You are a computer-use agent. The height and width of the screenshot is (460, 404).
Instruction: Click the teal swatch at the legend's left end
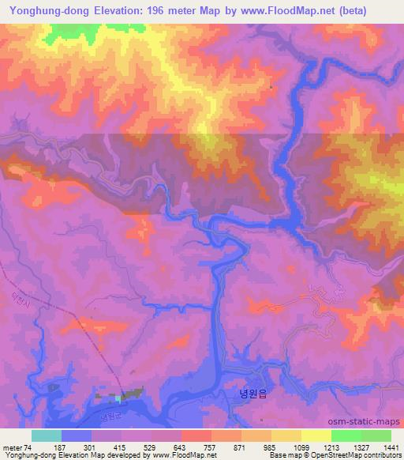coord(47,435)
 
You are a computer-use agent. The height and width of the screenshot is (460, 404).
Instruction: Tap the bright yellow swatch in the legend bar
coord(316,435)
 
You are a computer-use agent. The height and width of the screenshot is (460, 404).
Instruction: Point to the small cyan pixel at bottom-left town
coord(119,398)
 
